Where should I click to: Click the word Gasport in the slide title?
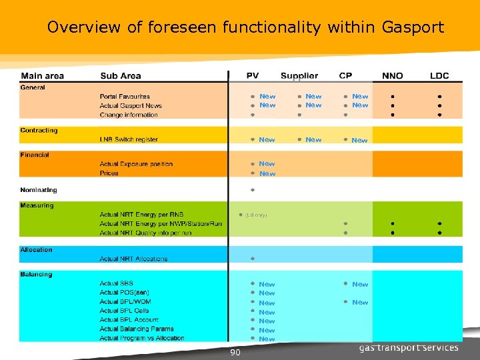413,27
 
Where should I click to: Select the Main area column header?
42,76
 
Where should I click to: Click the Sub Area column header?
121,76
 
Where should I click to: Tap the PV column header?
253,76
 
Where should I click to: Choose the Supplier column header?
299,76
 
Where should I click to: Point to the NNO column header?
392,76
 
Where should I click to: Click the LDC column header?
439,76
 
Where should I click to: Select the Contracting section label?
39,131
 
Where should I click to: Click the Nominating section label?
39,190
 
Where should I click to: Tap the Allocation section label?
36,250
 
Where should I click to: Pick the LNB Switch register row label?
129,139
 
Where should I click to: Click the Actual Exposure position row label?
136,164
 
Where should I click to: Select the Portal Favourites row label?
125,97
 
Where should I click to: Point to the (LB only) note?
256,215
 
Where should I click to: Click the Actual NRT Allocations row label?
133,259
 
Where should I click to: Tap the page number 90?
235,352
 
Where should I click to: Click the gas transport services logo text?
409,348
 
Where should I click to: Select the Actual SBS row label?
117,284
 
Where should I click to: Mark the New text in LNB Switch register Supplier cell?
313,140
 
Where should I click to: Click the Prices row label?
109,173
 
